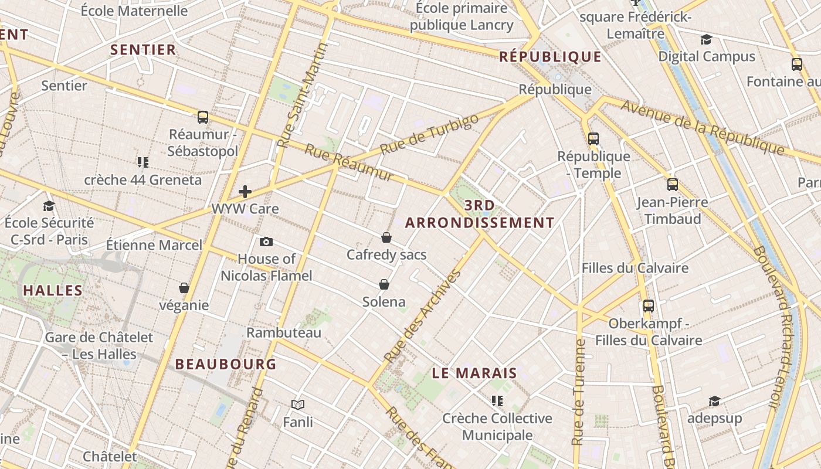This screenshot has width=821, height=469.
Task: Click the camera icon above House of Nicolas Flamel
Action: pyautogui.click(x=266, y=242)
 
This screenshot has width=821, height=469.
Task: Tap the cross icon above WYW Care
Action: pyautogui.click(x=245, y=192)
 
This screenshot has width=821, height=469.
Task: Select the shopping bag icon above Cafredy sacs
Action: pyautogui.click(x=386, y=237)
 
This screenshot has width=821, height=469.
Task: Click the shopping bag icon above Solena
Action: pyautogui.click(x=384, y=284)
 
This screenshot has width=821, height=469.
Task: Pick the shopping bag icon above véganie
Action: pyautogui.click(x=184, y=288)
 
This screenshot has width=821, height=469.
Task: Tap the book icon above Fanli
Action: pyautogui.click(x=298, y=405)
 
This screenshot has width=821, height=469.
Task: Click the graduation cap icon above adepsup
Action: pyautogui.click(x=714, y=401)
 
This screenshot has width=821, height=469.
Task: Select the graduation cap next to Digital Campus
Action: pyautogui.click(x=706, y=40)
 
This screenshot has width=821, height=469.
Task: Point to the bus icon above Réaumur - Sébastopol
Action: pyautogui.click(x=203, y=117)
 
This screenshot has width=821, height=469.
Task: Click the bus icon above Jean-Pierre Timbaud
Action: pyautogui.click(x=673, y=185)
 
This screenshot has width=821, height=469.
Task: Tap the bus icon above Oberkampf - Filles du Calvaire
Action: pyautogui.click(x=649, y=306)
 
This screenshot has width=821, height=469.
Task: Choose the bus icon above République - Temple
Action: pyautogui.click(x=593, y=139)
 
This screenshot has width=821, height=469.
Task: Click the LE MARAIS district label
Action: pyautogui.click(x=474, y=373)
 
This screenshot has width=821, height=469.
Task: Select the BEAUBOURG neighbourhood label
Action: pyautogui.click(x=226, y=364)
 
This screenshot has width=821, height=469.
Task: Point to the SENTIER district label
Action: pyautogui.click(x=144, y=50)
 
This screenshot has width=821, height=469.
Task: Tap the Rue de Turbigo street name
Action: pyautogui.click(x=429, y=134)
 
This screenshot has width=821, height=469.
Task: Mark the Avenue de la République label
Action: pyautogui.click(x=702, y=127)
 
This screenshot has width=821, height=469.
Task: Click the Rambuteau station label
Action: pyautogui.click(x=284, y=333)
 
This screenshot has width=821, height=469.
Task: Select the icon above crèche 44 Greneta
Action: pyautogui.click(x=143, y=162)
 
